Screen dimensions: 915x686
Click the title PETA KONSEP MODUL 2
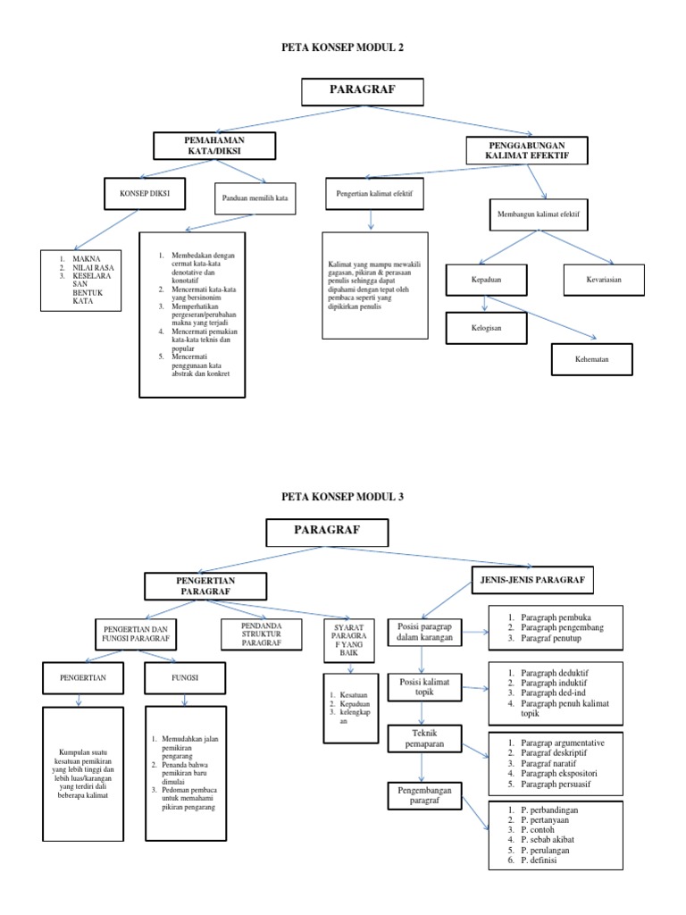pos(343,46)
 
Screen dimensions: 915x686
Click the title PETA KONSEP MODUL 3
pos(343,496)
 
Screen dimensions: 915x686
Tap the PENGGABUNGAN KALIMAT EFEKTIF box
pos(529,150)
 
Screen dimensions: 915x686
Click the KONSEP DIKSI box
pos(138,193)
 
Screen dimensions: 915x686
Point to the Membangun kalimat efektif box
pos(544,214)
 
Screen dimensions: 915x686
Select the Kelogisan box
pos(487,327)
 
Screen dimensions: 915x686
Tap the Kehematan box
pos(591,359)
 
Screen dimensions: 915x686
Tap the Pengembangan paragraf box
pos(425,794)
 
